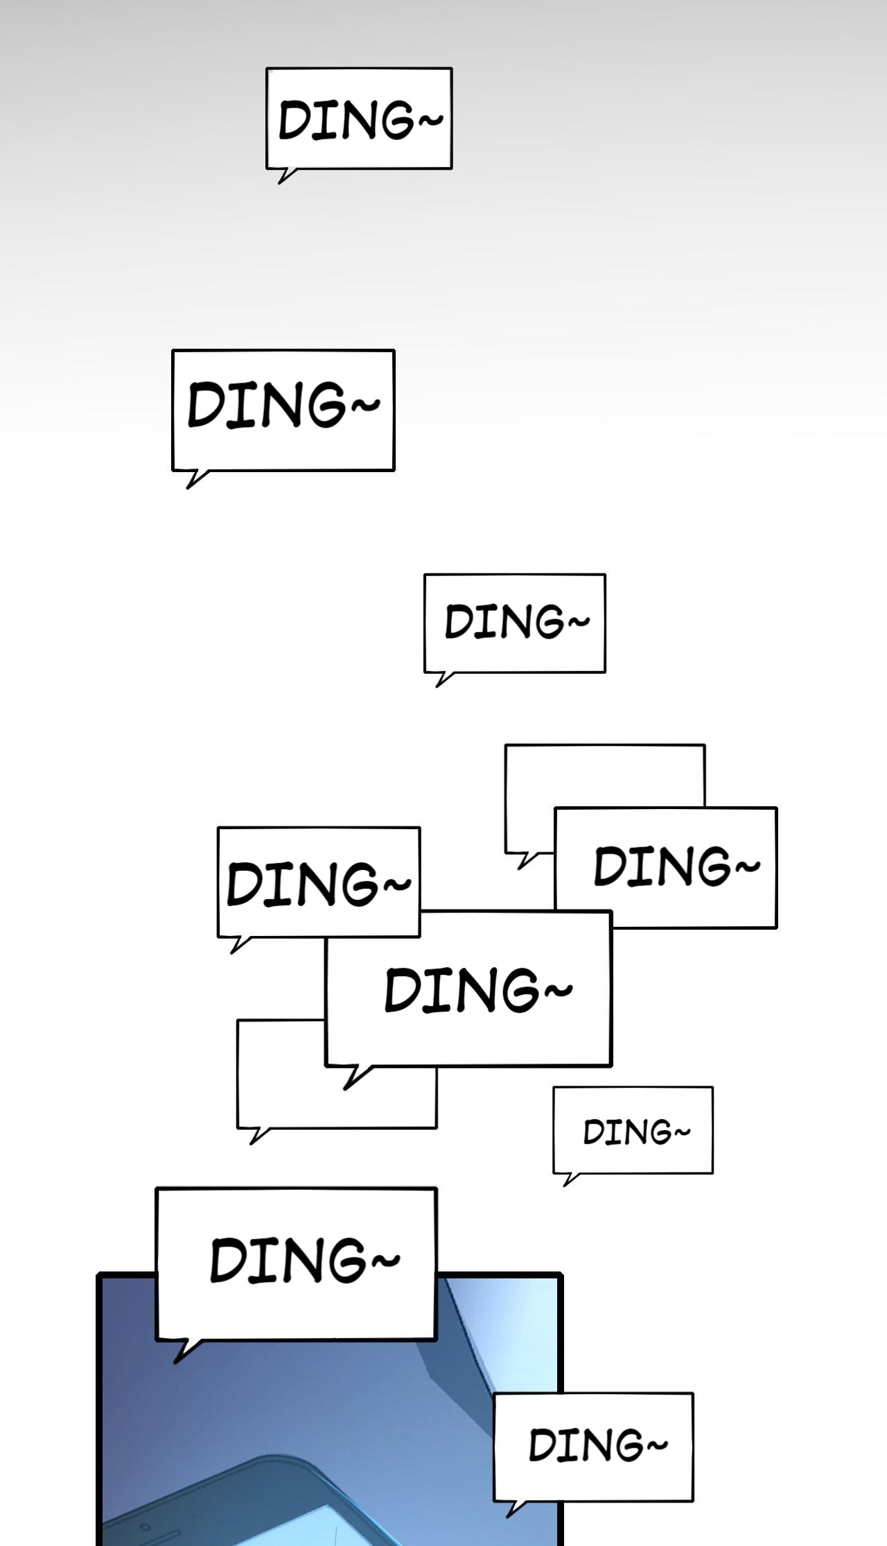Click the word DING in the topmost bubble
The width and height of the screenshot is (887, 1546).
point(346,119)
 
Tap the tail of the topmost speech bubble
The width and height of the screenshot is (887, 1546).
point(286,176)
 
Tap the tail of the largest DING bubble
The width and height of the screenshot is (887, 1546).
point(355,1076)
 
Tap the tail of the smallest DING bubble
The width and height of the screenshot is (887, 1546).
point(570,1179)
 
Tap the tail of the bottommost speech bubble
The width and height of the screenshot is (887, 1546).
point(515,1509)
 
